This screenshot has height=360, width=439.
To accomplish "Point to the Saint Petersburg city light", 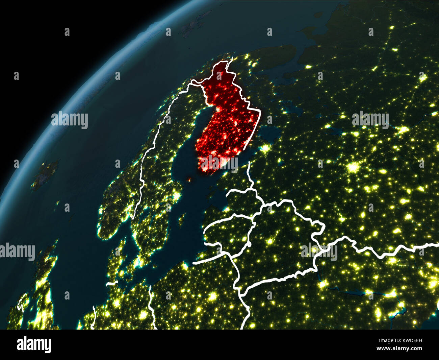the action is click(267, 148).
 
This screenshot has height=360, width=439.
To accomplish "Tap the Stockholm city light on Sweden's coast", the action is click(176, 196).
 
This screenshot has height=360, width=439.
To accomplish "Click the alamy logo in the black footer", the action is click(34, 345).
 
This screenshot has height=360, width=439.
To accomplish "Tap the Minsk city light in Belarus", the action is click(270, 241).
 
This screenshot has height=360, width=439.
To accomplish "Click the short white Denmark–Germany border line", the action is click(112, 283).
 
